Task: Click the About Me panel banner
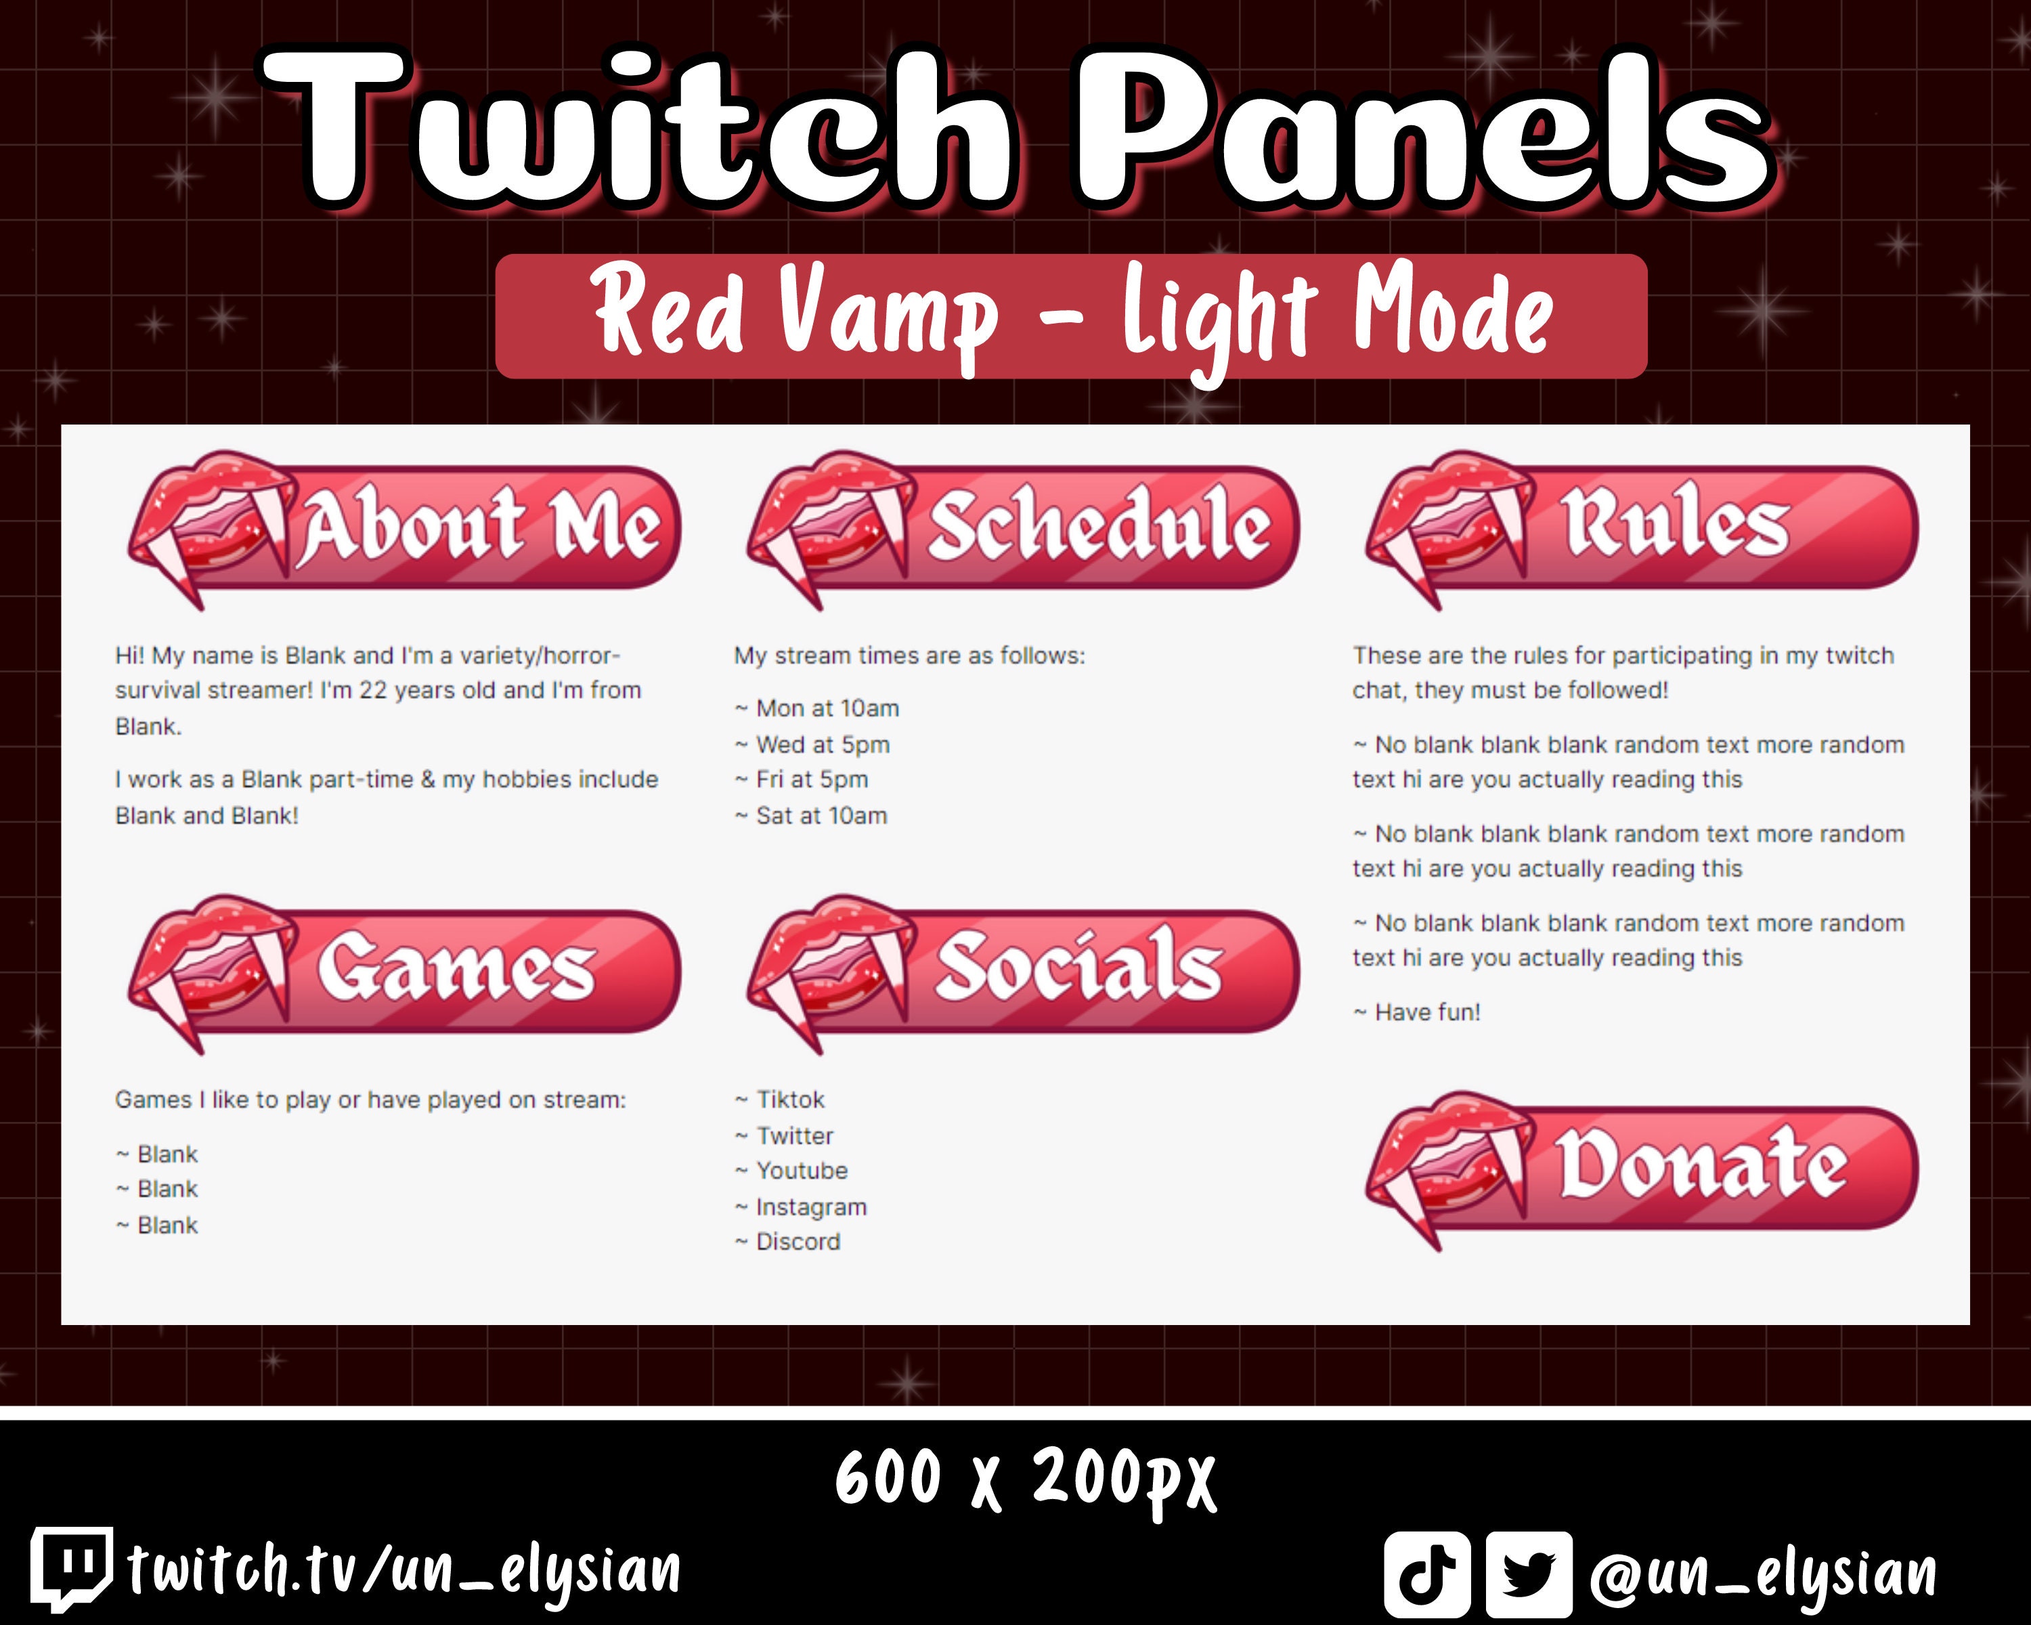[x=405, y=527]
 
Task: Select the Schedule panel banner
[x=1024, y=527]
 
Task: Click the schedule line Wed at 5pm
[x=813, y=744]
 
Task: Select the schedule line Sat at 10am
[x=811, y=816]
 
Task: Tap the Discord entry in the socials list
[x=789, y=1242]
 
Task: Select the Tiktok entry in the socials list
[x=781, y=1100]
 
